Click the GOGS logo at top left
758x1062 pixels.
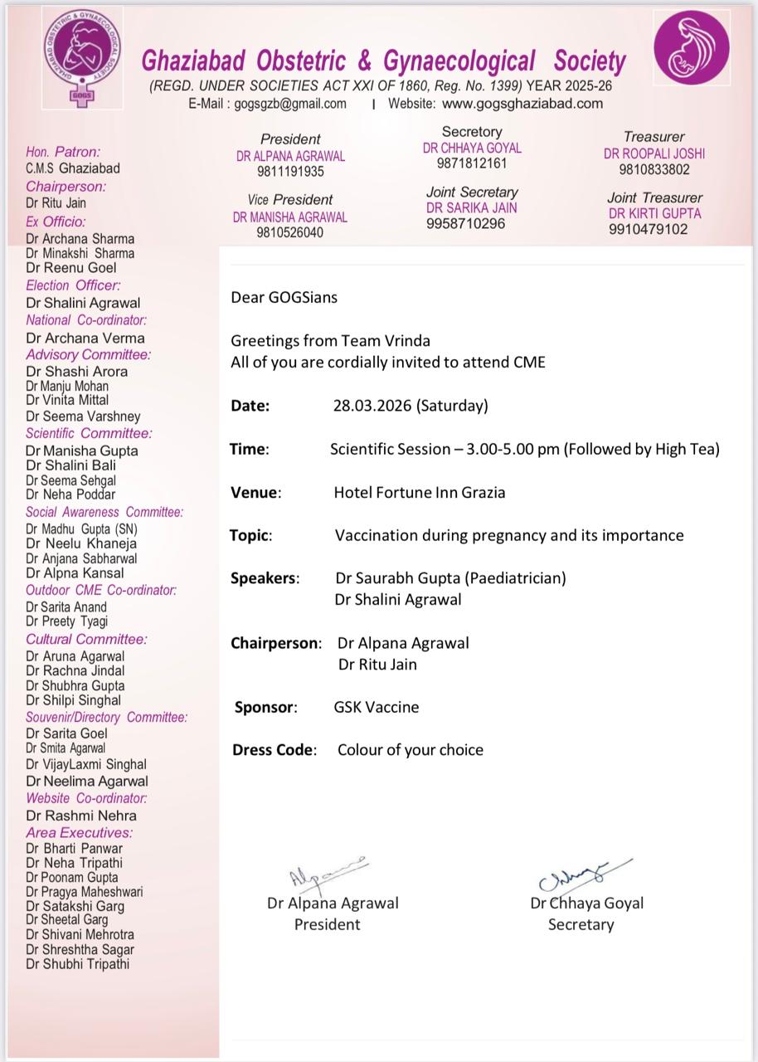point(80,55)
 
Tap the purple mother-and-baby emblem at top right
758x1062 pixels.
point(692,47)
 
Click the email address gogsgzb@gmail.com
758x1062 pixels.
point(290,104)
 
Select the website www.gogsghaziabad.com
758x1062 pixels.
point(522,104)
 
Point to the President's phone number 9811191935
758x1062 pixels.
point(290,172)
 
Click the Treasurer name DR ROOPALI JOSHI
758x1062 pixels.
point(654,153)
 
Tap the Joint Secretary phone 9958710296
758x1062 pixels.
point(465,224)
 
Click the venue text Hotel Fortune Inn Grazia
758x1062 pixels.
point(420,492)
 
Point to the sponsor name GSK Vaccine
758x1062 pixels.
point(377,707)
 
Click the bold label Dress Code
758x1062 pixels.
point(275,749)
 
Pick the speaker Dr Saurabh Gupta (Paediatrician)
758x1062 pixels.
point(450,577)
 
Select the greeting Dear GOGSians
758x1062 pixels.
point(284,297)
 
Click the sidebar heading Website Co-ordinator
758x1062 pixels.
point(86,798)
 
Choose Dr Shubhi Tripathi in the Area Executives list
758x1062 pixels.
point(77,964)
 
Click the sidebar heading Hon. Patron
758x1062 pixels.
point(63,152)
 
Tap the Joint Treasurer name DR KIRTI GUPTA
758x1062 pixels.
point(654,213)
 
